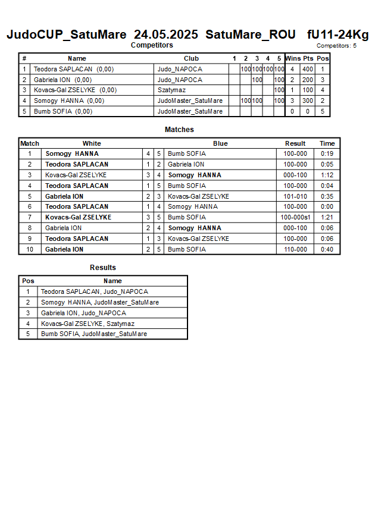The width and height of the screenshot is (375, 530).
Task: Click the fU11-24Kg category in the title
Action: (337, 35)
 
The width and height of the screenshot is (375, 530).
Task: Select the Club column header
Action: (191, 58)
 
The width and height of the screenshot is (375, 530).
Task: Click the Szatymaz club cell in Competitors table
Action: (171, 90)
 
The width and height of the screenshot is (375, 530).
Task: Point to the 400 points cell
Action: (307, 69)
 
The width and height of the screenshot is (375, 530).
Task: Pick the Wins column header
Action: (293, 58)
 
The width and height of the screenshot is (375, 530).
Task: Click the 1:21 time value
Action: (327, 218)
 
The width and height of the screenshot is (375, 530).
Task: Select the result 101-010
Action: (295, 196)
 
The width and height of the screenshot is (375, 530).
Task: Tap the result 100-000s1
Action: (295, 218)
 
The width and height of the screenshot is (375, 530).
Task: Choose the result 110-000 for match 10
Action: (295, 249)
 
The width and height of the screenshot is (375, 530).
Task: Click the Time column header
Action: (327, 143)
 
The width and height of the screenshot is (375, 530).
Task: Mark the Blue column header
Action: (220, 143)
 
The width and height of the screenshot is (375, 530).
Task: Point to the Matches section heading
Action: (179, 130)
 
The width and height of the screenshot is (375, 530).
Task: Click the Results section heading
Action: (103, 268)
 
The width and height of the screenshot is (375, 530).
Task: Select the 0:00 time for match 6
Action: (327, 207)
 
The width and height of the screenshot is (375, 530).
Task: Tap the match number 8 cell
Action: (30, 228)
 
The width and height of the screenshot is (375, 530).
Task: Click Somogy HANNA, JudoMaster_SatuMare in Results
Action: (100, 302)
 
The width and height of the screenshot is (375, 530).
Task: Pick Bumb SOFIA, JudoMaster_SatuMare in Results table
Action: (94, 334)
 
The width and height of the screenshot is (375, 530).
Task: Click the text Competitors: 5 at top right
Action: (336, 46)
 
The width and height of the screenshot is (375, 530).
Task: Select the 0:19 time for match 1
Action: (327, 153)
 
